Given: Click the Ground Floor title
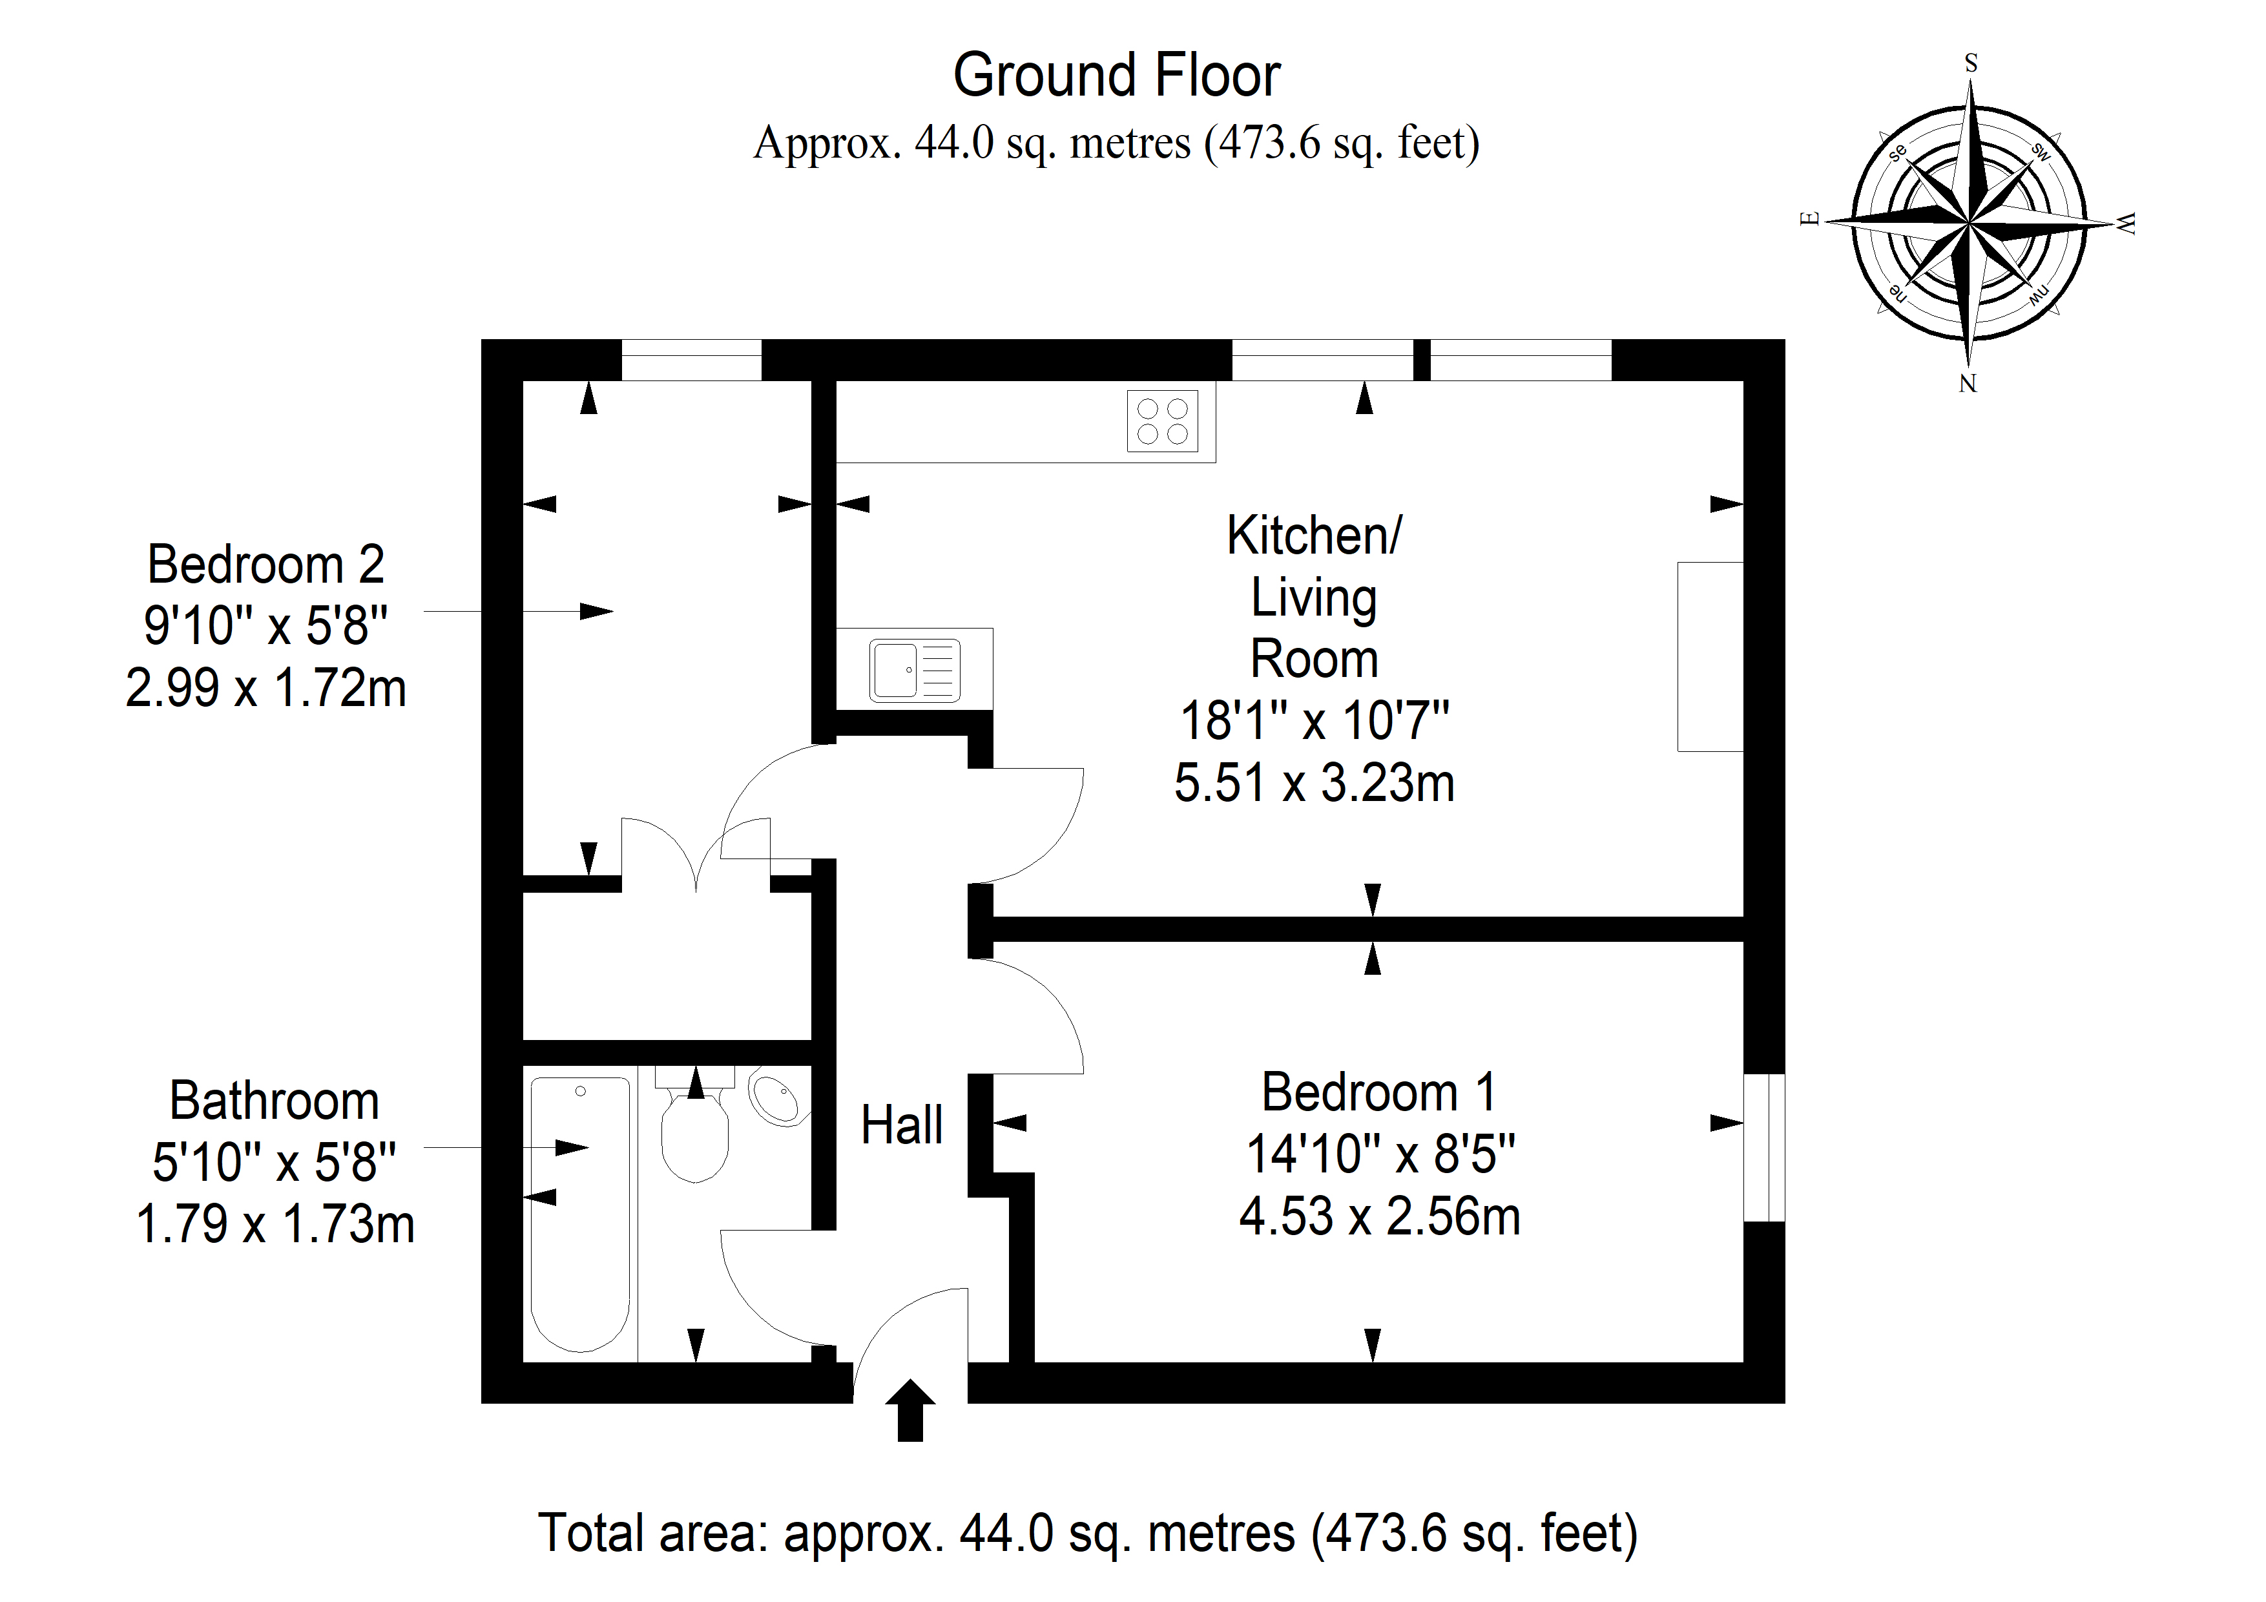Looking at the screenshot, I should tap(1116, 76).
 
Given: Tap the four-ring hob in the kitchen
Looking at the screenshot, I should tap(1163, 421).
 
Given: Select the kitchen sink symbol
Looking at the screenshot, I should tap(915, 671).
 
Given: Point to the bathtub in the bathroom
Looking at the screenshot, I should tap(580, 1213).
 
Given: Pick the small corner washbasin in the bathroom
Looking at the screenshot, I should tap(778, 1099).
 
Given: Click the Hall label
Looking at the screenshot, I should tap(901, 1125).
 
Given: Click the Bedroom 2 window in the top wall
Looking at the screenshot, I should tap(691, 359).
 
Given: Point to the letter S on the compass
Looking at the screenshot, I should tap(1971, 64).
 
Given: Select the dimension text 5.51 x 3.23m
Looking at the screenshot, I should tap(1314, 784).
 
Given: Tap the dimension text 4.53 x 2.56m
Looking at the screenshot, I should tap(1378, 1217).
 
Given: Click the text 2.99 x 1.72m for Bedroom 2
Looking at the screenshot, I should tap(265, 688).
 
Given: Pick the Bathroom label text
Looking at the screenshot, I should tap(275, 1101).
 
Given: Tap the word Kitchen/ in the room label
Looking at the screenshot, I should tap(1314, 536).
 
